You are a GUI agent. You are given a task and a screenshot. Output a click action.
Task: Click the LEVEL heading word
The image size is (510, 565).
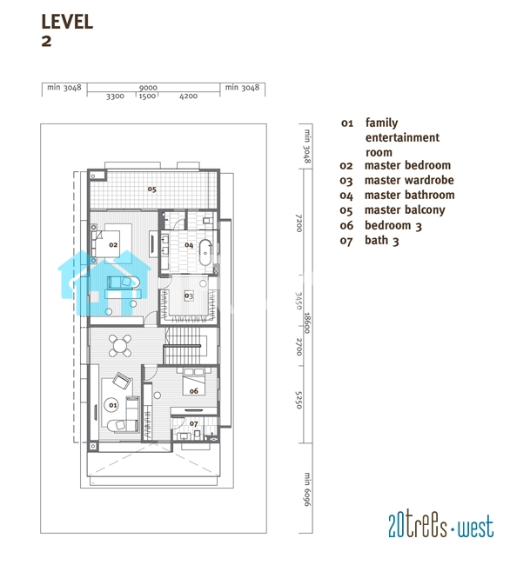67,22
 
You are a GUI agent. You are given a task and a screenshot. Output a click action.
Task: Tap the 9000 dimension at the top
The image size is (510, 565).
148,88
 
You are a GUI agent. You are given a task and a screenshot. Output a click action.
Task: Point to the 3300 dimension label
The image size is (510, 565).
115,96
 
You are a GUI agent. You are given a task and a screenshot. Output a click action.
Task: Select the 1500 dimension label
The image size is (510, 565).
147,96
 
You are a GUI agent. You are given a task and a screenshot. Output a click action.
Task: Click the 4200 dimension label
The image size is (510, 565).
189,96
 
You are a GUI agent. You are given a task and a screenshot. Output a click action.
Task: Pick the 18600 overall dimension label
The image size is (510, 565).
307,322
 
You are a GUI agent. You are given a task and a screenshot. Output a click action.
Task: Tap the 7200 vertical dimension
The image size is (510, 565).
299,223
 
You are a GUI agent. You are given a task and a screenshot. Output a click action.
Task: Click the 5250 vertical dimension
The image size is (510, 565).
299,400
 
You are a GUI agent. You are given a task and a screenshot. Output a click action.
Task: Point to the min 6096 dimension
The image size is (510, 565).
307,489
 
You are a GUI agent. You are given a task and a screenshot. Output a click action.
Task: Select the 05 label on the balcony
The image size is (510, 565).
151,189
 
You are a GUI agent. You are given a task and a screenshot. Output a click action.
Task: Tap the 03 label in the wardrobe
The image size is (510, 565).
189,296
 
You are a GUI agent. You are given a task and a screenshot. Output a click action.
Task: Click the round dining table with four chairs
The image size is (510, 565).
120,346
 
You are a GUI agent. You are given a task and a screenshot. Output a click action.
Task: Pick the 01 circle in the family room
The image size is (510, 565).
113,405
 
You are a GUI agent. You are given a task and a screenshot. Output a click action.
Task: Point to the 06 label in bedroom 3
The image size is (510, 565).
194,391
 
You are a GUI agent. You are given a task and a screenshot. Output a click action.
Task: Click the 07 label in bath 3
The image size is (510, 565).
194,424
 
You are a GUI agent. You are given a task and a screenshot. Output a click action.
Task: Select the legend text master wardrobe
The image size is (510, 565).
409,180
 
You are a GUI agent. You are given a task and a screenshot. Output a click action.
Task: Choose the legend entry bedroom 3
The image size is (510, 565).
393,226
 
